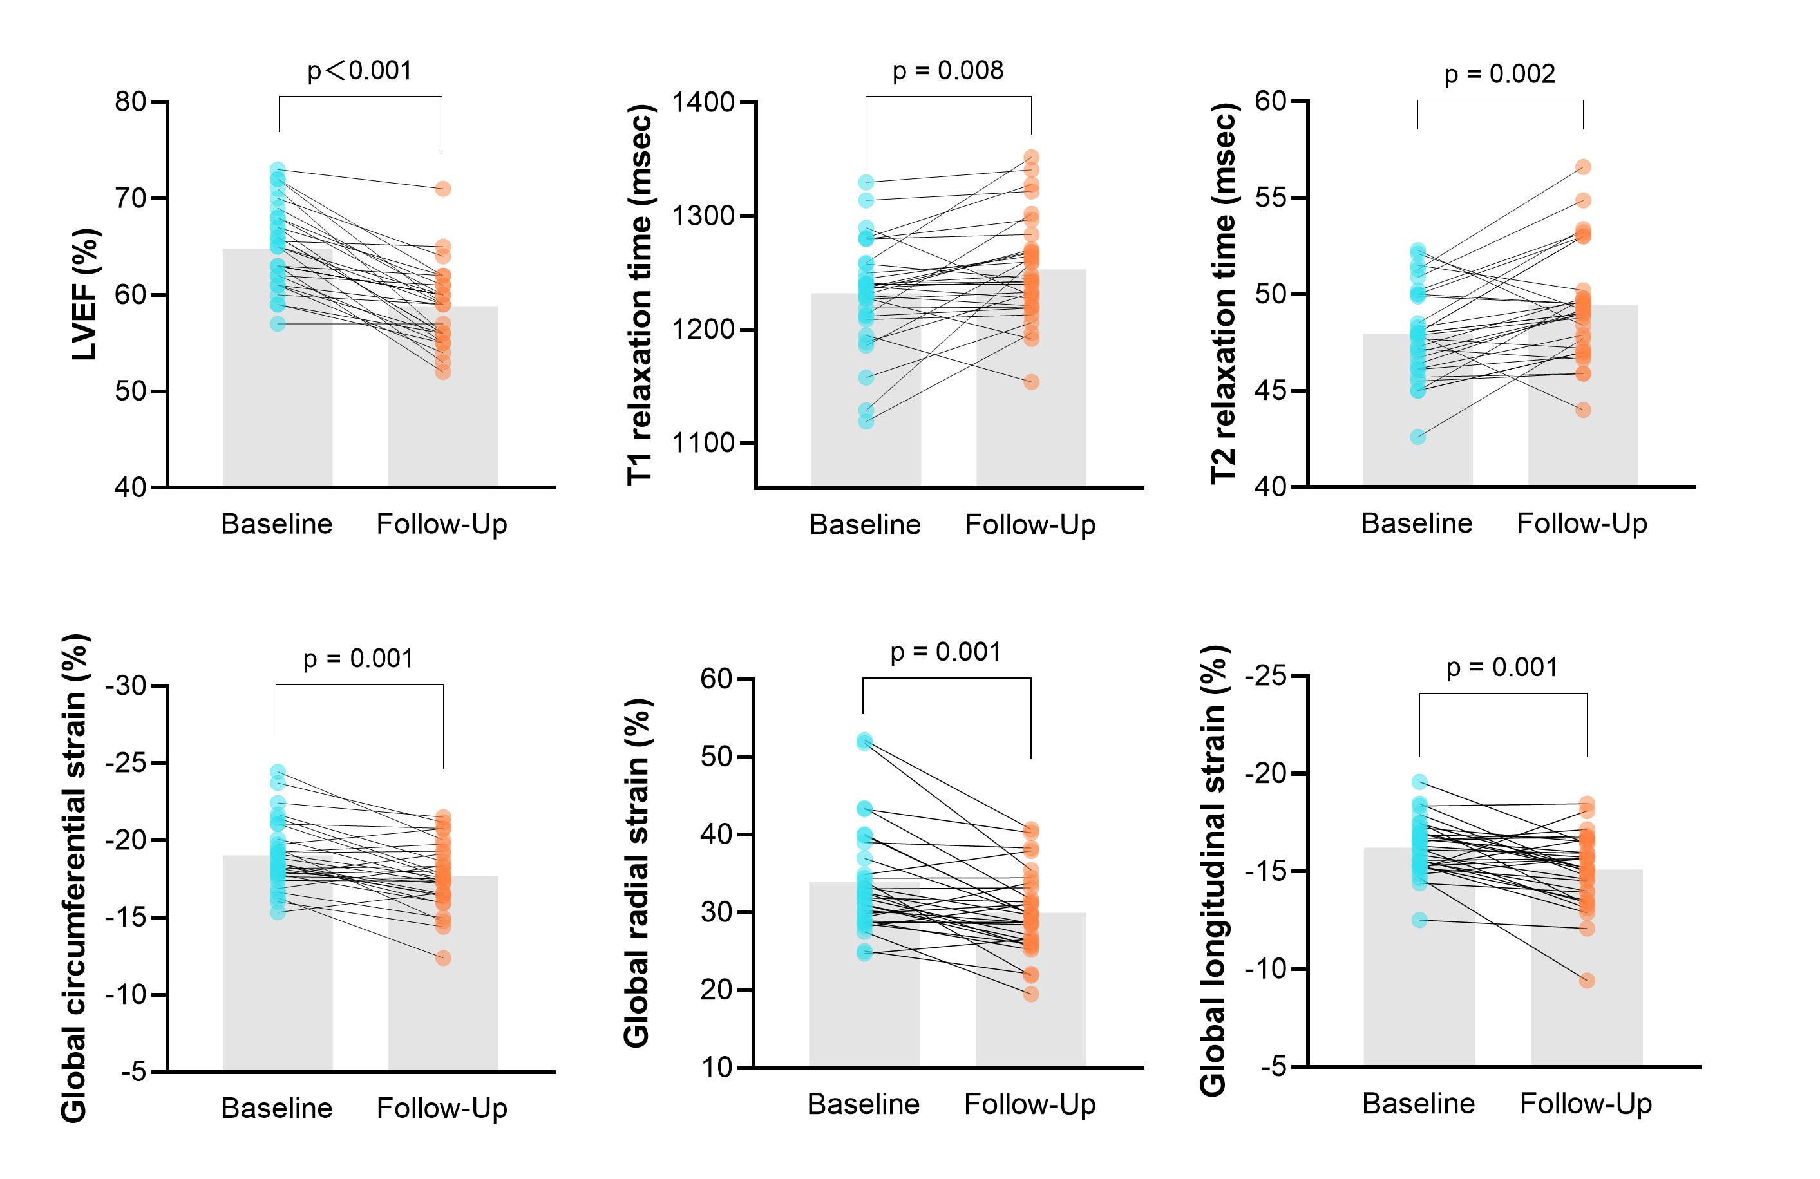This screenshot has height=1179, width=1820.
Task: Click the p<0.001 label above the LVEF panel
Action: [x=359, y=70]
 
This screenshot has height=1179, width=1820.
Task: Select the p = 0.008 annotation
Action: [x=947, y=70]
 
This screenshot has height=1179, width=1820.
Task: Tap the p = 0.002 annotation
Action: [x=1499, y=74]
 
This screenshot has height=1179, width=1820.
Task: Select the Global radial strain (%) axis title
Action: [x=636, y=872]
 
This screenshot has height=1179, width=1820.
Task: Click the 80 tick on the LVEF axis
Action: [x=130, y=102]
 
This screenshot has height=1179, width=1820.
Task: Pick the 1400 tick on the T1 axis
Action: [x=703, y=102]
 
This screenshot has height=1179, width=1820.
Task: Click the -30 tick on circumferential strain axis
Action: [x=126, y=686]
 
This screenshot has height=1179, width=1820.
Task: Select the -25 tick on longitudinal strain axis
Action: [x=1265, y=677]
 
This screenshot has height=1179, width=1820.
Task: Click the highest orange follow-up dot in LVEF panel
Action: [x=443, y=189]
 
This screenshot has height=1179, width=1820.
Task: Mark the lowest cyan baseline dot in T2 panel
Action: [x=1417, y=437]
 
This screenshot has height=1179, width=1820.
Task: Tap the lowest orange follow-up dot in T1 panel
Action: [x=1032, y=382]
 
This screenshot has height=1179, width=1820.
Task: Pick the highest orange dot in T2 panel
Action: [x=1583, y=167]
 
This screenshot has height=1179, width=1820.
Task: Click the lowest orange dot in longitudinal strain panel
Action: [x=1587, y=980]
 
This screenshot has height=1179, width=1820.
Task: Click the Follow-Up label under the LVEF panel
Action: [x=442, y=525]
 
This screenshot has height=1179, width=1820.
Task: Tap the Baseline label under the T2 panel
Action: [x=1416, y=523]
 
